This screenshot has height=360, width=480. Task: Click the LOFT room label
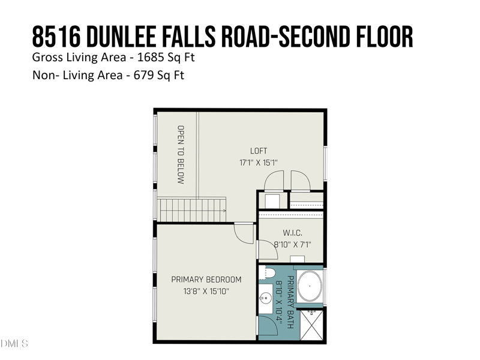click(x=259, y=151)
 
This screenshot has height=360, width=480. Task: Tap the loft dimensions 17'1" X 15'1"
click(x=259, y=163)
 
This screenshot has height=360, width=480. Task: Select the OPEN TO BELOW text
click(x=180, y=154)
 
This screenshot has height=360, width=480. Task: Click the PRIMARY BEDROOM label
click(x=206, y=280)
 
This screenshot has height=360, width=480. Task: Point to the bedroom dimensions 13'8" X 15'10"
click(x=206, y=291)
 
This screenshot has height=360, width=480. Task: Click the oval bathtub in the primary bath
click(x=310, y=287)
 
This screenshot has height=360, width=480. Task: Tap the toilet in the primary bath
click(x=268, y=274)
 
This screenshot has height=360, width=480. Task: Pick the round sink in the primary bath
click(x=266, y=298)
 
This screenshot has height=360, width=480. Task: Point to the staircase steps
click(x=189, y=210)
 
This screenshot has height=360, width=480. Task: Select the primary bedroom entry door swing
click(x=244, y=232)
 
